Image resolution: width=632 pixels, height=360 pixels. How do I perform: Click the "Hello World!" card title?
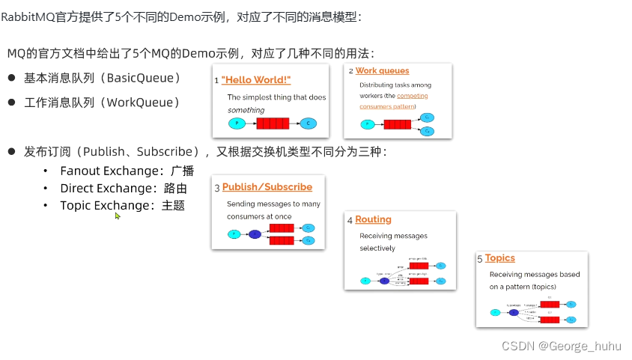[256, 79]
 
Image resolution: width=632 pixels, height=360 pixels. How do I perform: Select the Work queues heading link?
[382, 70]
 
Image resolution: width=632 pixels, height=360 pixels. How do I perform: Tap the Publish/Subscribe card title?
[267, 186]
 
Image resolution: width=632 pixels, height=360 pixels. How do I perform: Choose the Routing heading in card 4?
[373, 219]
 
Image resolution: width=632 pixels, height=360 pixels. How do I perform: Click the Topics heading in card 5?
[499, 257]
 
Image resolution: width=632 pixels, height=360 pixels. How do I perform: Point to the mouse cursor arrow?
[117, 216]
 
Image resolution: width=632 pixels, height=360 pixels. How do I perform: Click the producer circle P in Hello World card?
[237, 123]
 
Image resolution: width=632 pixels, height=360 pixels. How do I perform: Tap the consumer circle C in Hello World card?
[307, 123]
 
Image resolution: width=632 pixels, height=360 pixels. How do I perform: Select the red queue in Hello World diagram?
[272, 123]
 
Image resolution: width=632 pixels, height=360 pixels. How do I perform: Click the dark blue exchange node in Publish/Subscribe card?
[255, 234]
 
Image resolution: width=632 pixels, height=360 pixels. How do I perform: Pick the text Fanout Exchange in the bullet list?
[108, 171]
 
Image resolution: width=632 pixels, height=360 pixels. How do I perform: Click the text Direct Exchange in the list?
[106, 188]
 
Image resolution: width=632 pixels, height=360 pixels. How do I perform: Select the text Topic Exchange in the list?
[105, 205]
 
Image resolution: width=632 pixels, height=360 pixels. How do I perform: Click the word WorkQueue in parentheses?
[142, 102]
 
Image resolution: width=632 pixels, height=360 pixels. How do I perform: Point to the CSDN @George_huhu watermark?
[562, 346]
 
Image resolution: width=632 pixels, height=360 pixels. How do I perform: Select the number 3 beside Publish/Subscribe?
[216, 188]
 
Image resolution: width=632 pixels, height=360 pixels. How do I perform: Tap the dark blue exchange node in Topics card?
[514, 312]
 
